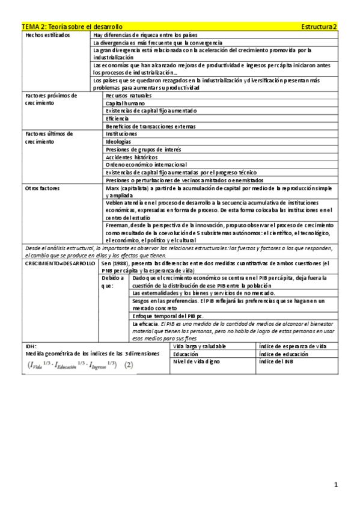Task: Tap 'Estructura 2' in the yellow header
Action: (x=320, y=27)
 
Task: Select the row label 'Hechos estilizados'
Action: (x=47, y=35)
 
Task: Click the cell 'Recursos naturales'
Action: (x=129, y=96)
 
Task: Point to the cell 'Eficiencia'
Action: (x=118, y=118)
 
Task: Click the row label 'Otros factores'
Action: (x=43, y=188)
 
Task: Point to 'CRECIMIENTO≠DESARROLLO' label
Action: (x=59, y=264)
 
